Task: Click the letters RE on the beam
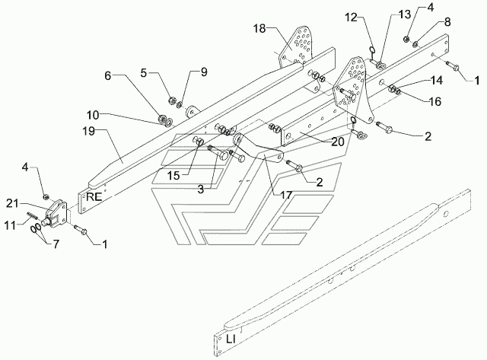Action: (x=94, y=196)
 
